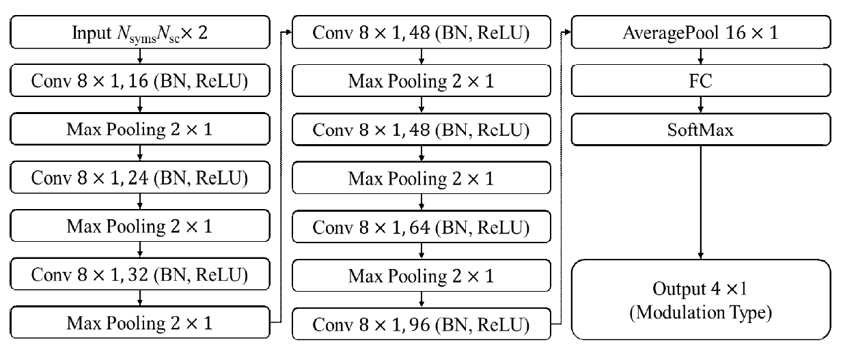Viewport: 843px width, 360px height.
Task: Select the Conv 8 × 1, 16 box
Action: click(x=140, y=82)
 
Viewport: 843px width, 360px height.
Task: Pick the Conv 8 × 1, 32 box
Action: click(x=140, y=275)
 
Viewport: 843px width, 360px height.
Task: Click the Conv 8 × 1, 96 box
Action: click(x=421, y=323)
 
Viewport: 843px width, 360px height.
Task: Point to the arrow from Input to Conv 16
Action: click(x=140, y=58)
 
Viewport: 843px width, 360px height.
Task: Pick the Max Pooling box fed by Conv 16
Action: click(x=140, y=130)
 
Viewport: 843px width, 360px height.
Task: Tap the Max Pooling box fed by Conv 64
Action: click(x=421, y=275)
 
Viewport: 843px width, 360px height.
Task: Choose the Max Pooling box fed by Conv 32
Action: click(x=140, y=323)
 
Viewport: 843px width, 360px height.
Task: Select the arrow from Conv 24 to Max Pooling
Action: click(x=140, y=203)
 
